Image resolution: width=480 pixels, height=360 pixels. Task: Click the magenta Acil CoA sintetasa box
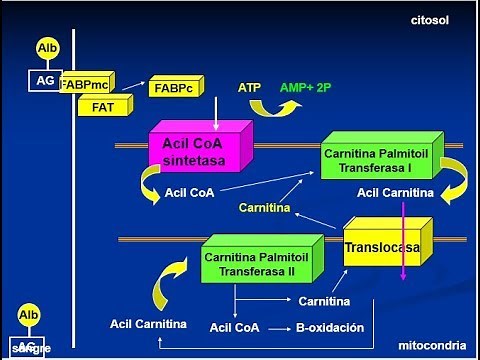(195, 152)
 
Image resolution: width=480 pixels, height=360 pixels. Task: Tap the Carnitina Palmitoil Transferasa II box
(258, 264)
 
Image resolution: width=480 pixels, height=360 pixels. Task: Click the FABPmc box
(84, 85)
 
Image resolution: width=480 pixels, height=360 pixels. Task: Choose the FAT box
(101, 106)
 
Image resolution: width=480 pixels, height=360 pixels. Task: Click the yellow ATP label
(249, 88)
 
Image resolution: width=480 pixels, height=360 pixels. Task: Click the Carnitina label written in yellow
(264, 209)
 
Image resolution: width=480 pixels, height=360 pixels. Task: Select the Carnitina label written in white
(323, 301)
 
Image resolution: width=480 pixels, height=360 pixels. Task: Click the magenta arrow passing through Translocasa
(402, 240)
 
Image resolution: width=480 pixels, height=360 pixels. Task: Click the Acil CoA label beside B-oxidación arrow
(235, 328)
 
